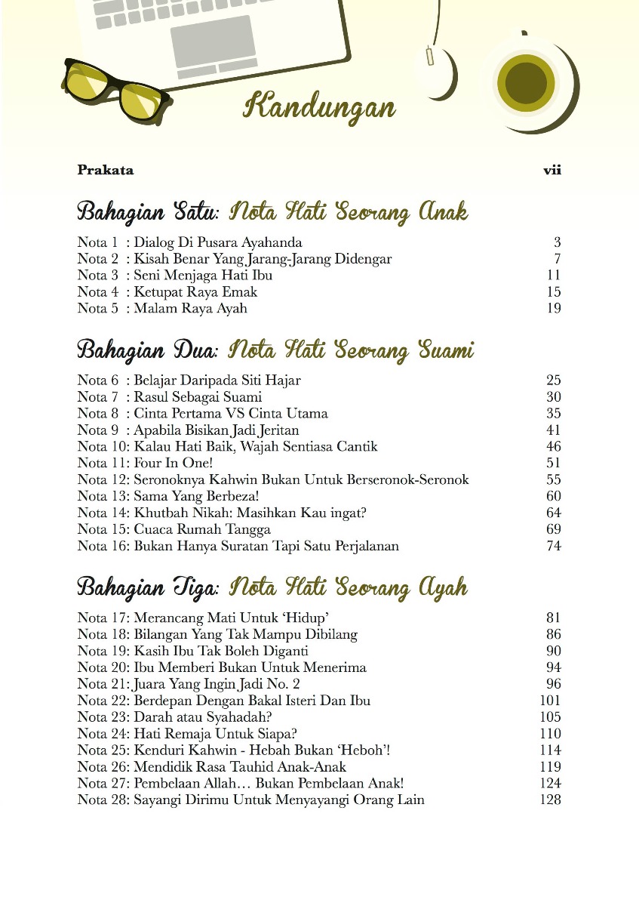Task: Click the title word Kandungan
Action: point(319,107)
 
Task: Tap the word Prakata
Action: point(105,171)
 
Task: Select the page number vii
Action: point(552,171)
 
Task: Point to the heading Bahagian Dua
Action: point(148,350)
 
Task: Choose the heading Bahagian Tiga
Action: point(148,587)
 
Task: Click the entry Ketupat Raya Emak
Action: point(195,291)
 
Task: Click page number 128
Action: point(550,800)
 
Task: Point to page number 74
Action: point(553,546)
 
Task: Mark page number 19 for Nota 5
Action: point(553,308)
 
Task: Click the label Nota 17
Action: point(103,618)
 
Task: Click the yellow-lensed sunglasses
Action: point(113,89)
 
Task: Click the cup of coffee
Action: point(526,80)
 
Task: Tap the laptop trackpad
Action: point(212,42)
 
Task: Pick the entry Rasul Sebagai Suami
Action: point(198,397)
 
